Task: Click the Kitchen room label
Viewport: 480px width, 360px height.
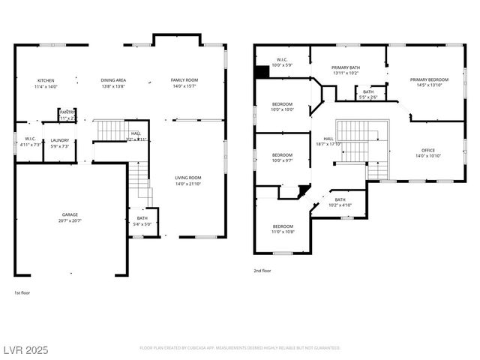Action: click(46, 83)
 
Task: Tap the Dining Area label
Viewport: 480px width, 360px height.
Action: click(113, 83)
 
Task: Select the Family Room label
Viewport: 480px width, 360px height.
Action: click(184, 83)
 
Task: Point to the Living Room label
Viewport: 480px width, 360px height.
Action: click(189, 181)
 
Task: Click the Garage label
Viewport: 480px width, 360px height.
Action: click(70, 217)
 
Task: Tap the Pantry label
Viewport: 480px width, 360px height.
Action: click(68, 115)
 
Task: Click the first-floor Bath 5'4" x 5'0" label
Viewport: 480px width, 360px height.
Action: click(142, 221)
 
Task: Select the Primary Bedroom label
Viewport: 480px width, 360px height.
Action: click(430, 82)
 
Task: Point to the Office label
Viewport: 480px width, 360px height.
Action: click(428, 153)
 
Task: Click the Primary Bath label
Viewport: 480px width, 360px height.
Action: click(346, 70)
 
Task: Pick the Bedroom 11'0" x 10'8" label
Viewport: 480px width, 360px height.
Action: click(283, 229)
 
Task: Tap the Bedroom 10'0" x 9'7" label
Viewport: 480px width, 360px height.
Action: click(283, 157)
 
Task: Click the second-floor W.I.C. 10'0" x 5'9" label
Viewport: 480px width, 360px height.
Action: click(282, 62)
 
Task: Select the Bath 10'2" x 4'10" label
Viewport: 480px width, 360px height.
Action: click(340, 202)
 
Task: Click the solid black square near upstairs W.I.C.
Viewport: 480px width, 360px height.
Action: click(262, 72)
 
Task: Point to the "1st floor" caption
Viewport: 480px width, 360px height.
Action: click(22, 292)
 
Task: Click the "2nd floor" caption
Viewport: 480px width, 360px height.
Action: click(262, 270)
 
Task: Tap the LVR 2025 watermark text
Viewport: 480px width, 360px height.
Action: click(26, 349)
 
